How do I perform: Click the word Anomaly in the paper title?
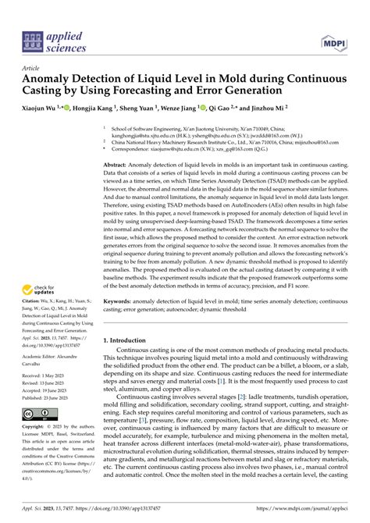pos(53,80)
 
